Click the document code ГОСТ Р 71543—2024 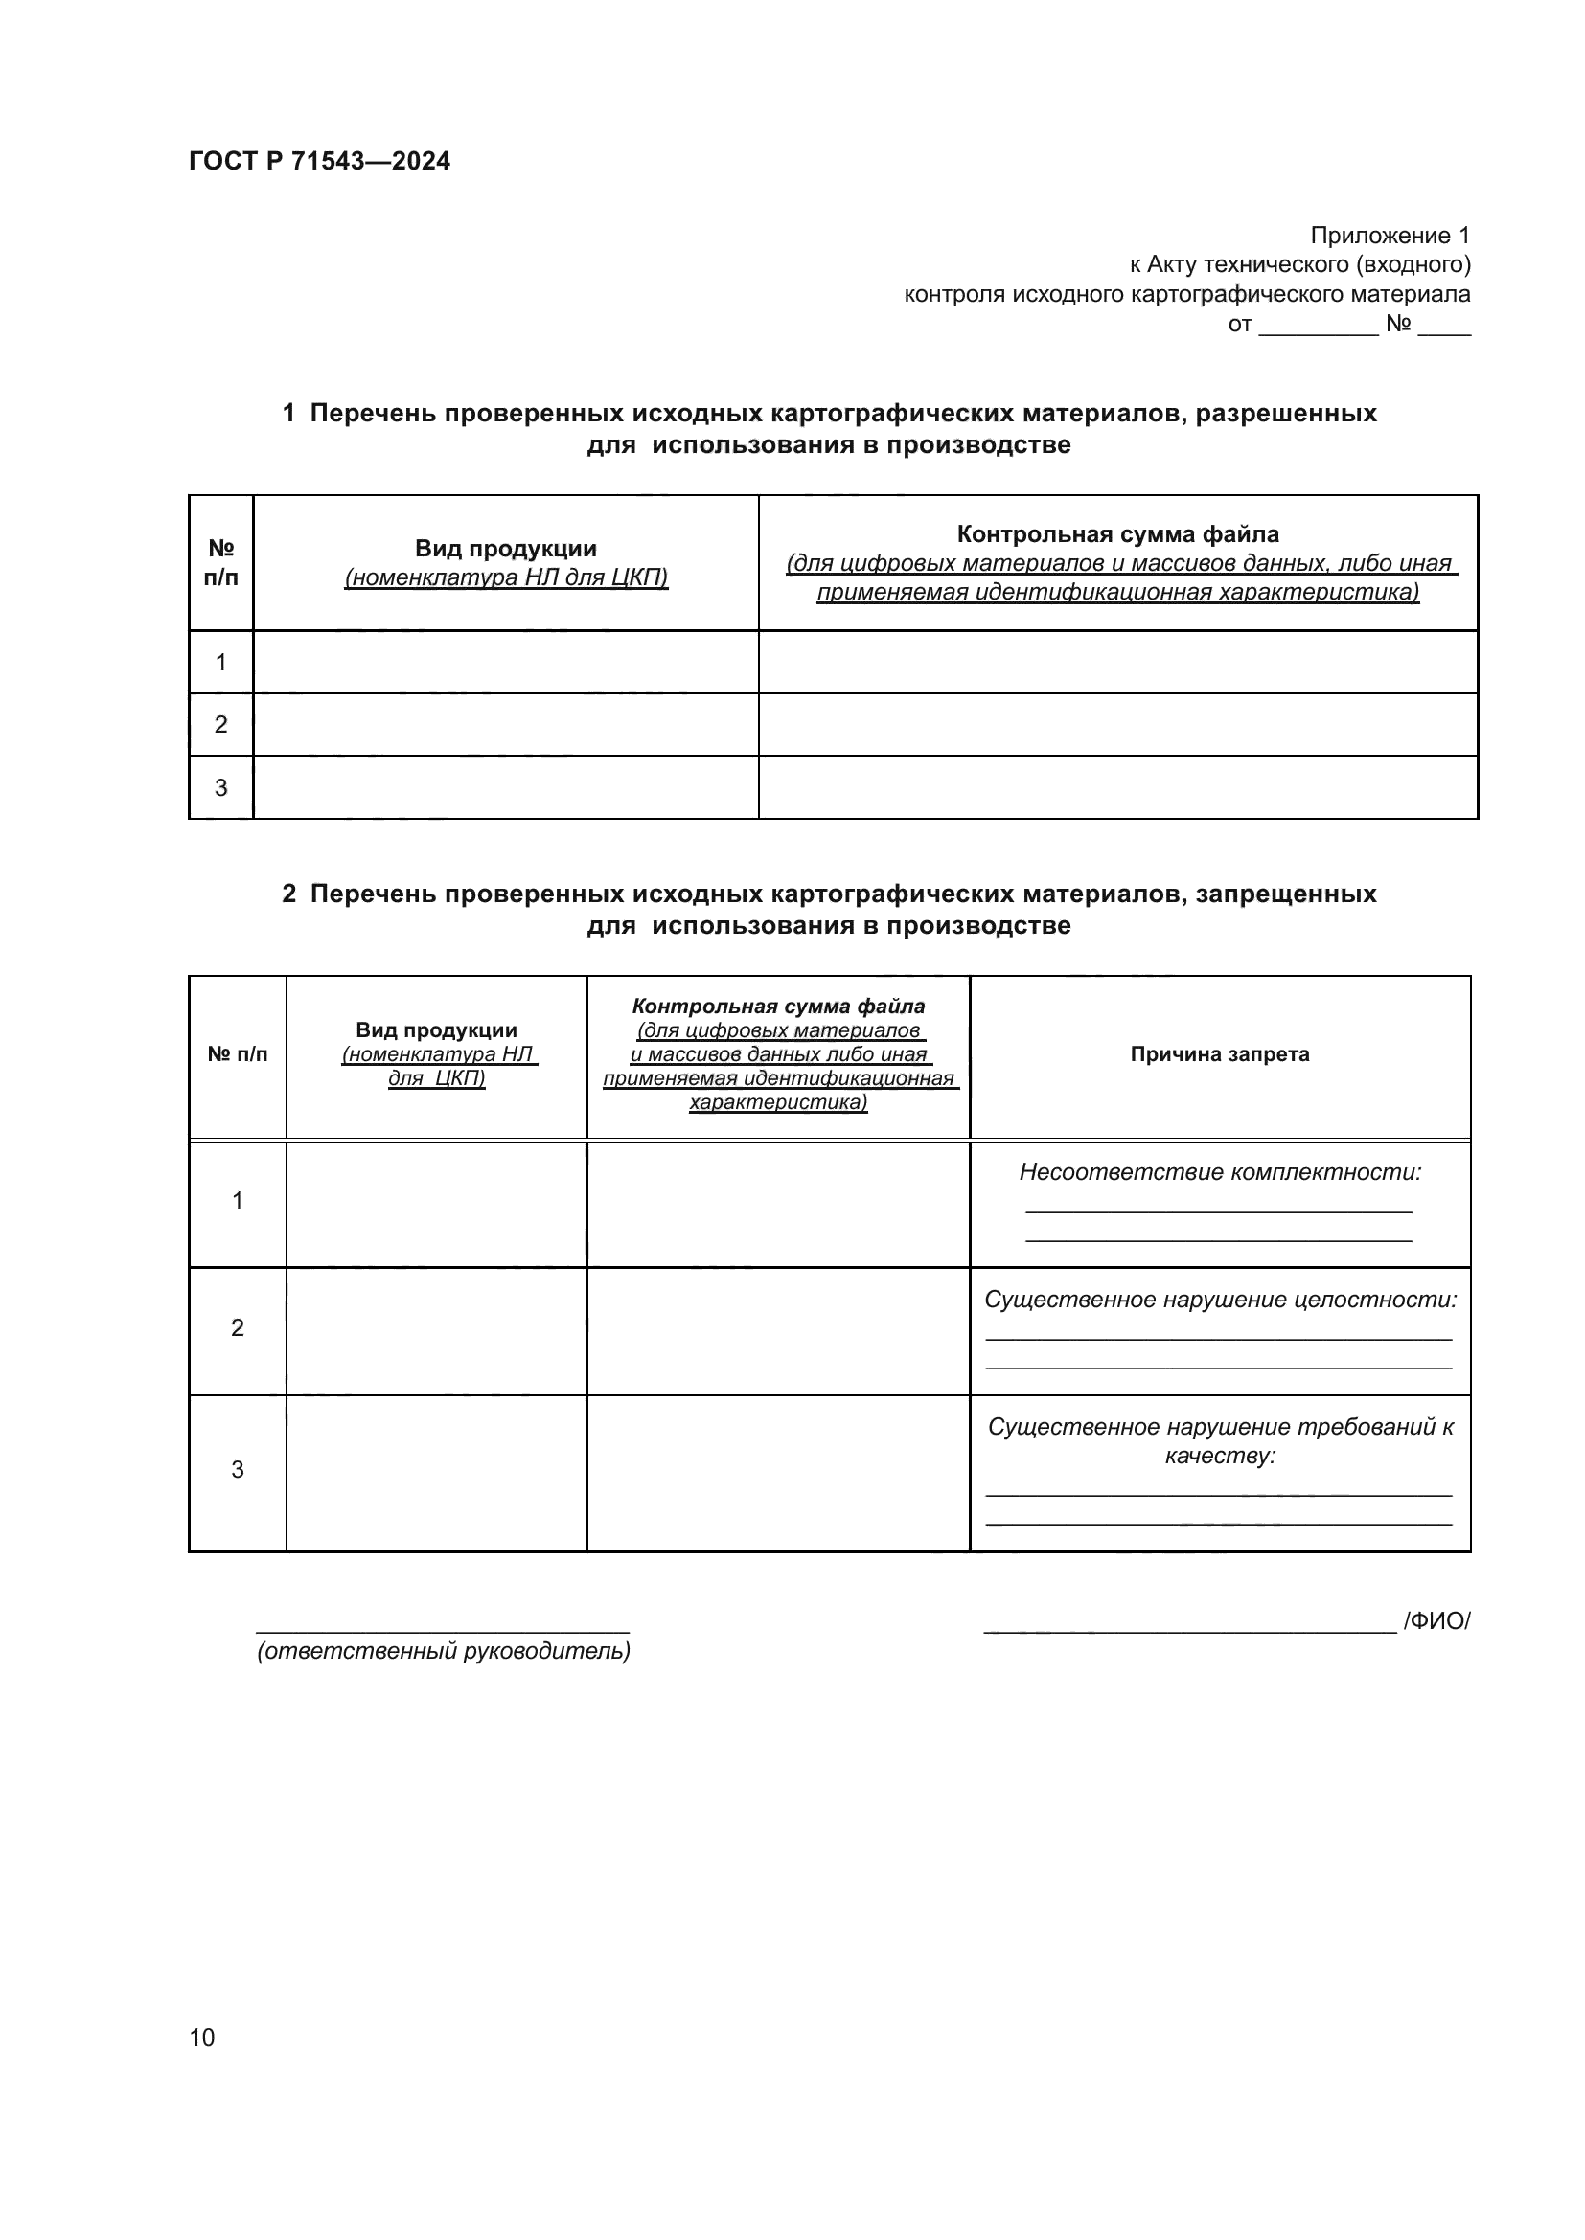tap(319, 161)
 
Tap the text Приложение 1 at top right tap(1389, 236)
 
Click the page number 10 tap(202, 2037)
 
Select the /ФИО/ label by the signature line tap(1436, 1620)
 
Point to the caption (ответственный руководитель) tap(443, 1651)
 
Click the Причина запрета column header tap(1219, 1053)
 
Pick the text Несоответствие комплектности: tap(1219, 1171)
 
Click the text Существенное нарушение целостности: tap(1219, 1300)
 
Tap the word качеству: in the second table tap(1219, 1456)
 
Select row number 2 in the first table tap(220, 725)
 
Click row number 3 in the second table tap(237, 1469)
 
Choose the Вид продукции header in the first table tap(506, 549)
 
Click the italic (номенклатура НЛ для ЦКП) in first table tap(506, 577)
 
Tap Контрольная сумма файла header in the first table tap(1117, 533)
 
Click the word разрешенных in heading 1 tap(1285, 414)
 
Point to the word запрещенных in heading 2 tap(1285, 894)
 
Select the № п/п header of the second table tap(237, 1053)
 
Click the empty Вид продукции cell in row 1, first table tap(506, 663)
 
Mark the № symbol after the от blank tap(1397, 323)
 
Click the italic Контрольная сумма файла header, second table tap(778, 1006)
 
